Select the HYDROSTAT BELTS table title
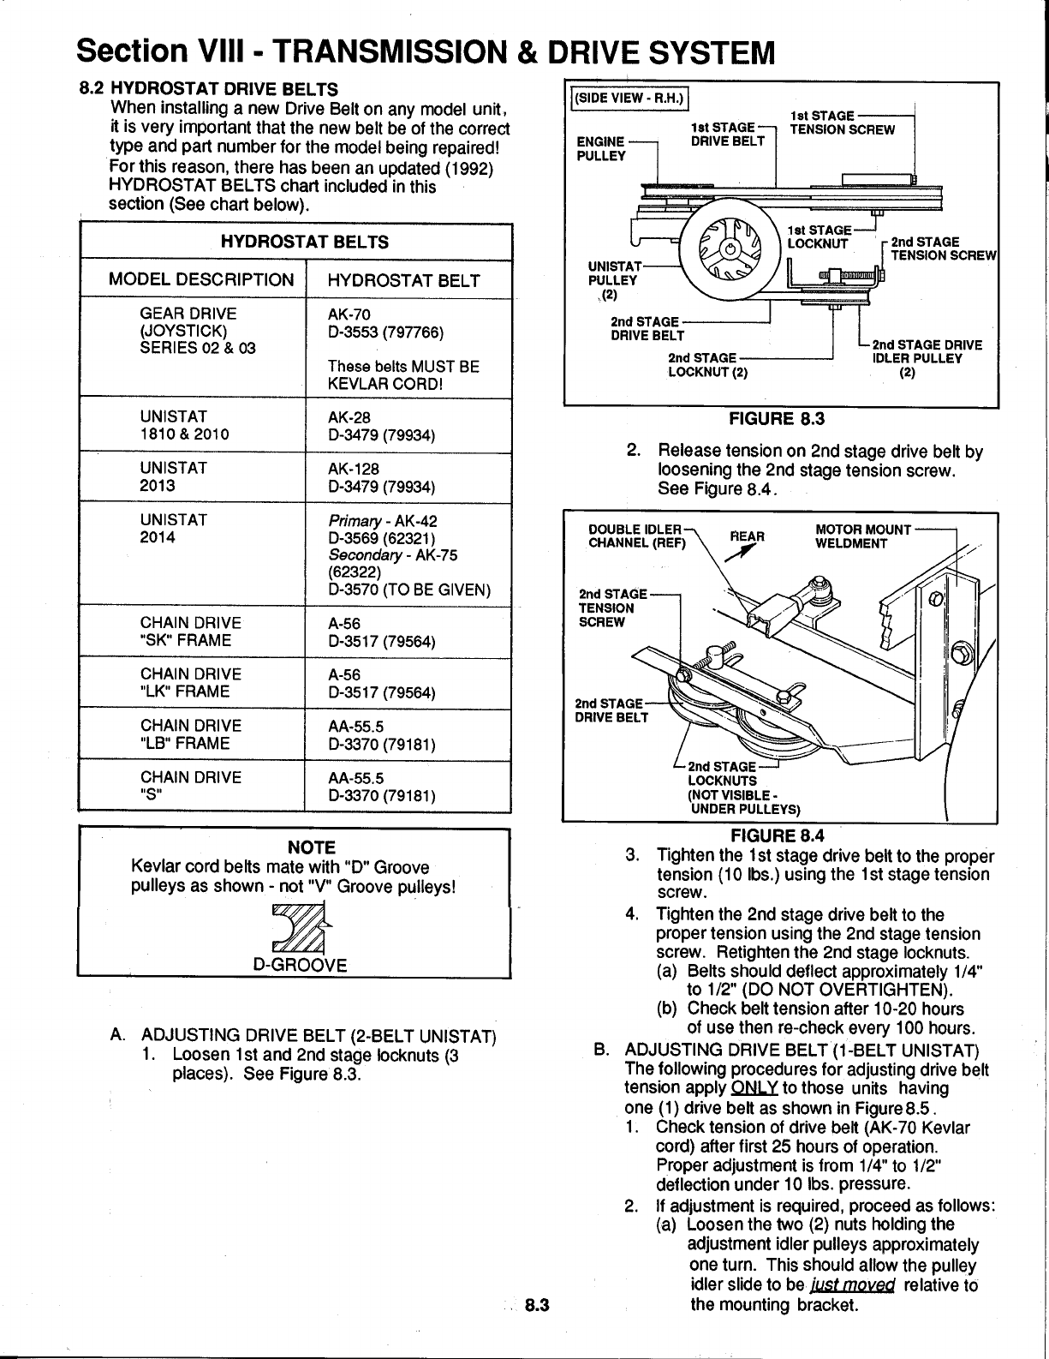(x=304, y=242)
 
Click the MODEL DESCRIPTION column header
(x=200, y=280)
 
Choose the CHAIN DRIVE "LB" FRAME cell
(x=185, y=734)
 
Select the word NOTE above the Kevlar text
(x=311, y=847)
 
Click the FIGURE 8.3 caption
(x=774, y=419)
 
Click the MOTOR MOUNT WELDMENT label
(x=862, y=536)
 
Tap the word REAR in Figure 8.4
(x=747, y=536)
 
